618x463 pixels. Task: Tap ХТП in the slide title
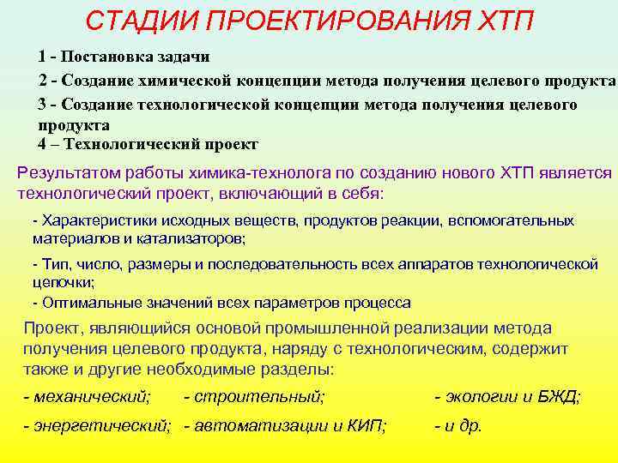pyautogui.click(x=503, y=20)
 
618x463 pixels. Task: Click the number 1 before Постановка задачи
pyautogui.click(x=42, y=57)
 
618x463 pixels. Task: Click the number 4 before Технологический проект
pyautogui.click(x=43, y=144)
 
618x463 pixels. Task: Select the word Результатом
pyautogui.click(x=70, y=172)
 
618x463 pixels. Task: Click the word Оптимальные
pyautogui.click(x=89, y=302)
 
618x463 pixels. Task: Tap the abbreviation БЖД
pyautogui.click(x=559, y=396)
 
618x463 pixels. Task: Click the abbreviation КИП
pyautogui.click(x=366, y=425)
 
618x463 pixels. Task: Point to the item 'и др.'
pyautogui.click(x=463, y=425)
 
